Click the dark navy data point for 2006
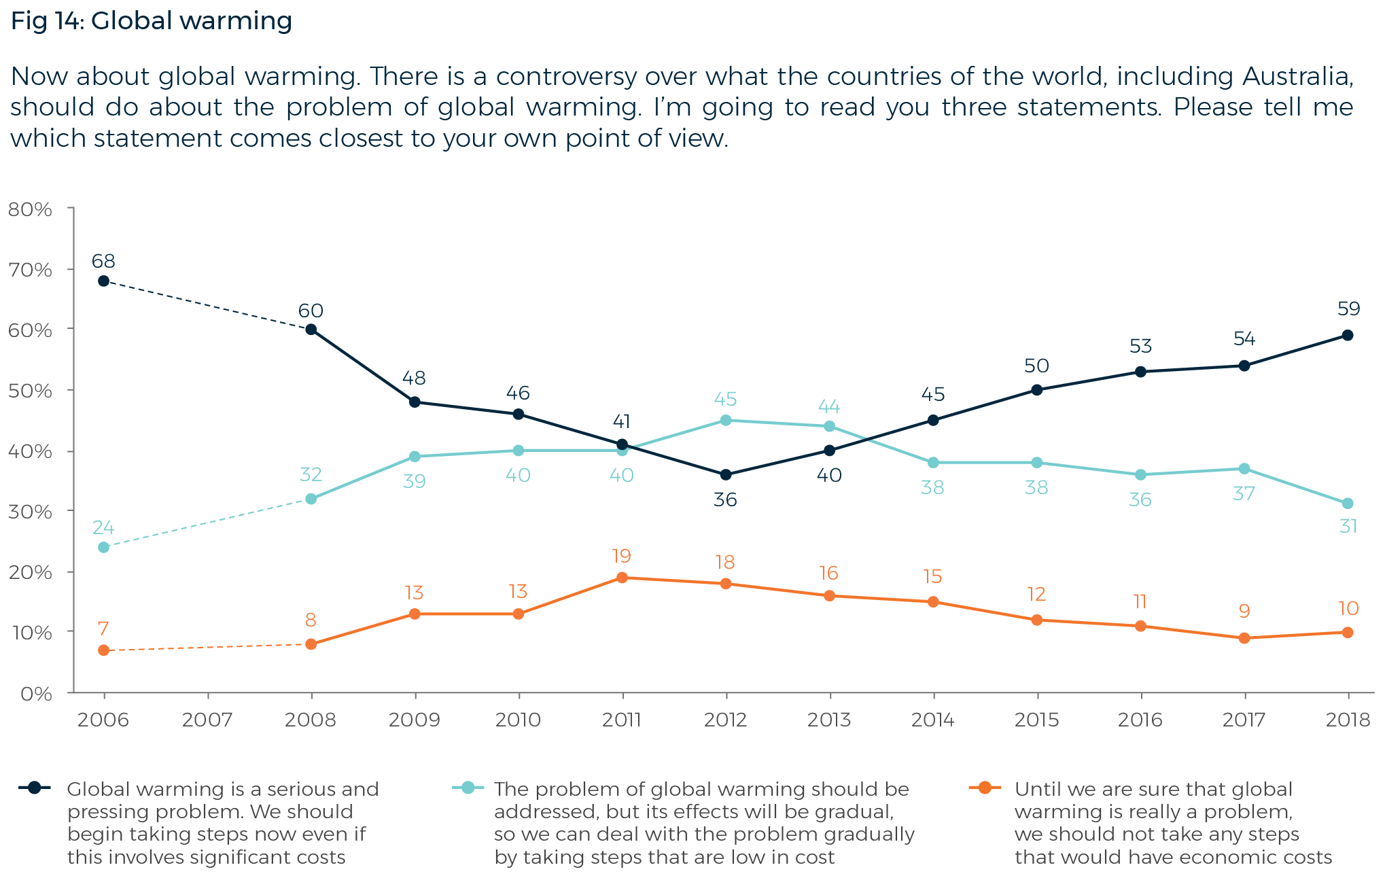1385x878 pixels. click(x=103, y=281)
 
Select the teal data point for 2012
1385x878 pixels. click(x=726, y=420)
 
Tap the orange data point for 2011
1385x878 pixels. click(x=622, y=578)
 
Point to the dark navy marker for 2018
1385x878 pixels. click(x=1348, y=335)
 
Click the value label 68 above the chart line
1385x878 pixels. click(x=103, y=261)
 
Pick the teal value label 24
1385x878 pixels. click(x=103, y=527)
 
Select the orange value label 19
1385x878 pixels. click(x=621, y=557)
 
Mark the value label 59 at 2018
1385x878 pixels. click(x=1348, y=309)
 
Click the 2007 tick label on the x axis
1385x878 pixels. click(x=207, y=720)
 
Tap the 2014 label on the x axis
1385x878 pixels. click(x=932, y=720)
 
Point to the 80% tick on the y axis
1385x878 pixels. click(x=31, y=209)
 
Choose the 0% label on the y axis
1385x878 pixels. click(x=36, y=694)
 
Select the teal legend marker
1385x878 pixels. click(x=468, y=788)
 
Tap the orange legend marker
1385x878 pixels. click(x=984, y=788)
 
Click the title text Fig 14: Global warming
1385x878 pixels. click(x=152, y=21)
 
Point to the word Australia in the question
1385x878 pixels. click(x=1297, y=76)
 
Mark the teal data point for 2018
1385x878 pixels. click(x=1348, y=504)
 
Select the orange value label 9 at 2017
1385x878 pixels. click(x=1244, y=611)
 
